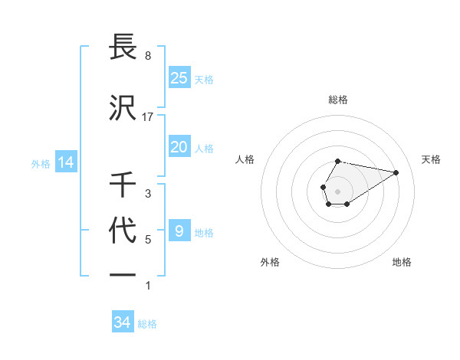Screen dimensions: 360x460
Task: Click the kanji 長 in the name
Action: (x=123, y=48)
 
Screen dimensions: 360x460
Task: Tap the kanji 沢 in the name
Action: (x=123, y=107)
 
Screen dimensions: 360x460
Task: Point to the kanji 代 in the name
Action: (x=123, y=231)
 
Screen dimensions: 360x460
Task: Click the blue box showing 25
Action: (x=179, y=77)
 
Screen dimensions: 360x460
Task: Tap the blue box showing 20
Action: (x=179, y=147)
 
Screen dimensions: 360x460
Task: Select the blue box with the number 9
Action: (x=179, y=231)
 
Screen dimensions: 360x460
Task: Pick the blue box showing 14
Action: (x=65, y=162)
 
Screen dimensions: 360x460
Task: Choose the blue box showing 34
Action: (x=123, y=322)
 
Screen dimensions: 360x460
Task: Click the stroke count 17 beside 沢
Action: (x=148, y=117)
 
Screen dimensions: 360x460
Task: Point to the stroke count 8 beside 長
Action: (x=147, y=56)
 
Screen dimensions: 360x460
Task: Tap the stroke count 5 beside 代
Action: (x=148, y=240)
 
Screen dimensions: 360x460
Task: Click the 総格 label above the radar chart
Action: (x=338, y=100)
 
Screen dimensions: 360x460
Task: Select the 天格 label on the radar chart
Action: (x=431, y=159)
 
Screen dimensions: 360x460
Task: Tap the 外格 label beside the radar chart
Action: (x=270, y=262)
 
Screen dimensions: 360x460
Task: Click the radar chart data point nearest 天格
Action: (x=396, y=172)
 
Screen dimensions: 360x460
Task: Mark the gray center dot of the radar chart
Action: (x=337, y=191)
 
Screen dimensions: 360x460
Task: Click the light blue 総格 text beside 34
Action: (x=147, y=324)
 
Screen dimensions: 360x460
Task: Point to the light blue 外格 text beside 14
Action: (x=41, y=163)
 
